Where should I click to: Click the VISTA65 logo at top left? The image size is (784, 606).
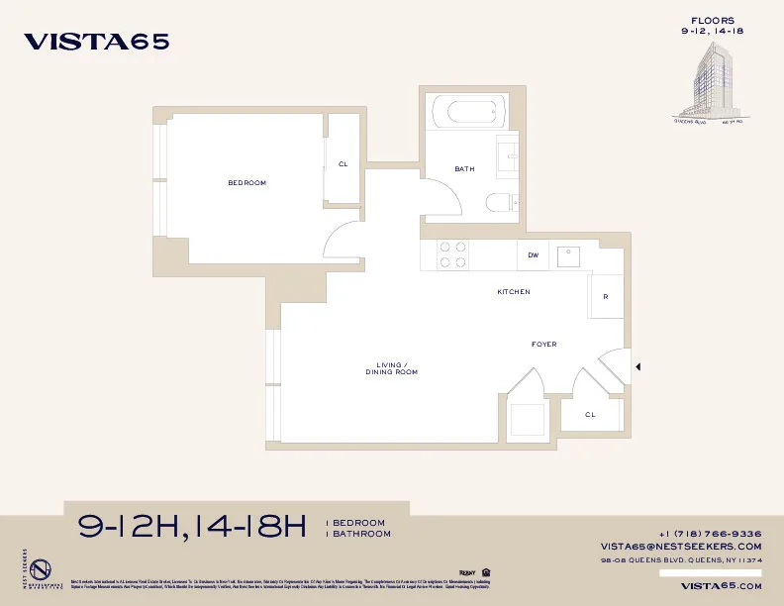(96, 42)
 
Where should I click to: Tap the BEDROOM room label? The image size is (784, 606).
(246, 183)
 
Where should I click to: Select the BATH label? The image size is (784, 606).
(464, 169)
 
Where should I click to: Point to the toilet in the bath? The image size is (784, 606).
(499, 203)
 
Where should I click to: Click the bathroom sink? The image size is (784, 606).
(507, 154)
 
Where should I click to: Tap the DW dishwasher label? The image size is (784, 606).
(533, 255)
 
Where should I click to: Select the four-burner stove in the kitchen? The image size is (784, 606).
(453, 255)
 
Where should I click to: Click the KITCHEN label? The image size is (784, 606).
(513, 292)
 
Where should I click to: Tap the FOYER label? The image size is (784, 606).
(543, 345)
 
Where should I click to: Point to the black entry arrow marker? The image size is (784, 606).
(638, 367)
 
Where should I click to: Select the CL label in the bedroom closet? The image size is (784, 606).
(343, 164)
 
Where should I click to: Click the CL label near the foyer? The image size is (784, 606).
(589, 415)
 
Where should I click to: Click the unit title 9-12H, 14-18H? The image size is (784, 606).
(192, 527)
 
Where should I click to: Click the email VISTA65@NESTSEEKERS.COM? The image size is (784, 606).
(681, 547)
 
